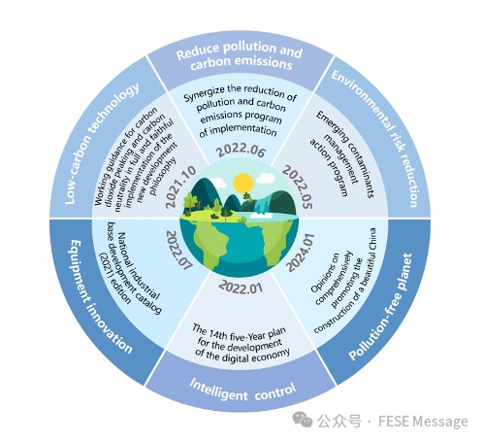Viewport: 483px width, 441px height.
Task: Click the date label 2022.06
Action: click(x=241, y=150)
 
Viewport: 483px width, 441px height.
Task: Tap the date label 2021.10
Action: click(x=180, y=187)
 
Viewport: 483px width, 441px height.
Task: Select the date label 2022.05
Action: click(x=298, y=187)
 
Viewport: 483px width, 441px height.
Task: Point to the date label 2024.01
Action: click(x=300, y=253)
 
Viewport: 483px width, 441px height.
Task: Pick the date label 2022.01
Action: click(x=241, y=287)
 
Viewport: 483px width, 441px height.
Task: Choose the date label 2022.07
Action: click(x=178, y=250)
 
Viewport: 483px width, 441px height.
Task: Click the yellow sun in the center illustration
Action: click(x=243, y=183)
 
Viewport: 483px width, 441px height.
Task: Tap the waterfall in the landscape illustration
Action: click(x=262, y=204)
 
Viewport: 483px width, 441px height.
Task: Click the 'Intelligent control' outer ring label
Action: click(x=242, y=390)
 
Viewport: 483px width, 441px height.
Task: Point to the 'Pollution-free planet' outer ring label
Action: click(x=381, y=307)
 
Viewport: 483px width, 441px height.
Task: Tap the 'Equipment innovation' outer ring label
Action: click(x=101, y=296)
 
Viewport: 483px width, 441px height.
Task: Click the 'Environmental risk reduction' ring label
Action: click(x=376, y=138)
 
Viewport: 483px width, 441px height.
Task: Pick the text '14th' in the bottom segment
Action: click(x=218, y=334)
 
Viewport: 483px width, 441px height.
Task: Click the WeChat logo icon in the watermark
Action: click(x=303, y=420)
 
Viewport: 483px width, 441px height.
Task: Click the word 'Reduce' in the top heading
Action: click(x=198, y=51)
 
